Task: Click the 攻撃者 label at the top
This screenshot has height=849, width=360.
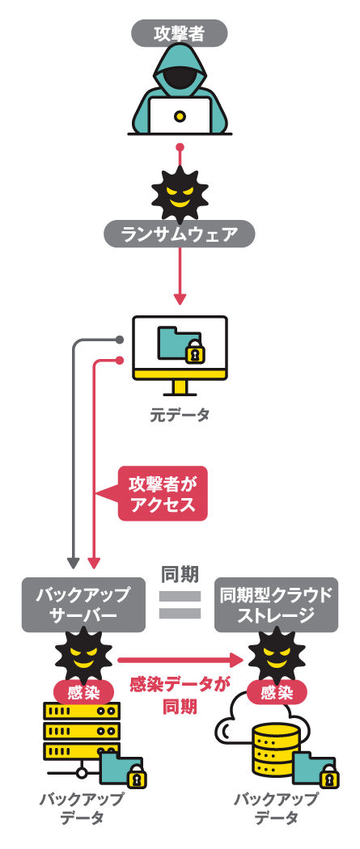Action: click(x=180, y=33)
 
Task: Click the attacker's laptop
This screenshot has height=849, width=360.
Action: click(x=180, y=116)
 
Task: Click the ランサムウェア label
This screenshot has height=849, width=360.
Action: click(x=180, y=234)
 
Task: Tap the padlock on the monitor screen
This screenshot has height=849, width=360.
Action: click(x=195, y=353)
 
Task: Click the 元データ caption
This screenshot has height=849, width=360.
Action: click(x=180, y=415)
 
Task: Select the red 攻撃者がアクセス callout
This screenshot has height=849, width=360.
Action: click(x=163, y=493)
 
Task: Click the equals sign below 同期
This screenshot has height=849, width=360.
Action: click(x=180, y=605)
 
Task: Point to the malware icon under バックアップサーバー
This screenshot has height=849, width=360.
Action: click(x=83, y=653)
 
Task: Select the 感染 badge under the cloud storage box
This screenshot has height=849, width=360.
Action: click(x=277, y=692)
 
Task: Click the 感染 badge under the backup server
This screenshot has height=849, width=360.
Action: click(x=83, y=692)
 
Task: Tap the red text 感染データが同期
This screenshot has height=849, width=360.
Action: click(x=180, y=695)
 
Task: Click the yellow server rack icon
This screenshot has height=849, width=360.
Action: click(x=81, y=732)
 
